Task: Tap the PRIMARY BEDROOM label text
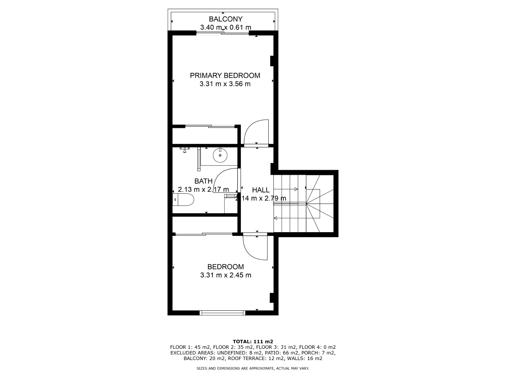[225, 75]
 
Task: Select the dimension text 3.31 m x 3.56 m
[225, 84]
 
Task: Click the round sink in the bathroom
[220, 155]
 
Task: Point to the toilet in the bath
[183, 200]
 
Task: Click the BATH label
[203, 181]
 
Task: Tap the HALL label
[261, 190]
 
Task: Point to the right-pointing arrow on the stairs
[286, 189]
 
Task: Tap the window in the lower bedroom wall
[222, 312]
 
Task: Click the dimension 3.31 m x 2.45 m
[225, 275]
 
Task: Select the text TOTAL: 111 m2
[253, 341]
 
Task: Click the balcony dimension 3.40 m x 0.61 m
[225, 27]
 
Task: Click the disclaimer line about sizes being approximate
[253, 368]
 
